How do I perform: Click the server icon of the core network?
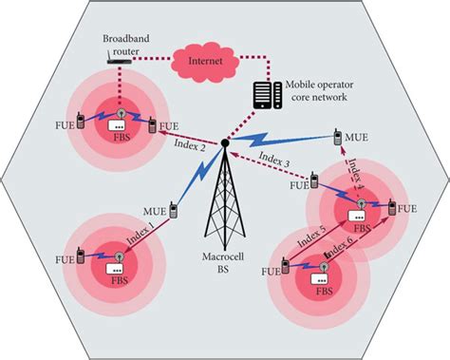click(263, 94)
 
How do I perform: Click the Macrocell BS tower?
click(225, 205)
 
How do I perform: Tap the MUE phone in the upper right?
click(338, 139)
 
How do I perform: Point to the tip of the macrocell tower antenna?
click(224, 144)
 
